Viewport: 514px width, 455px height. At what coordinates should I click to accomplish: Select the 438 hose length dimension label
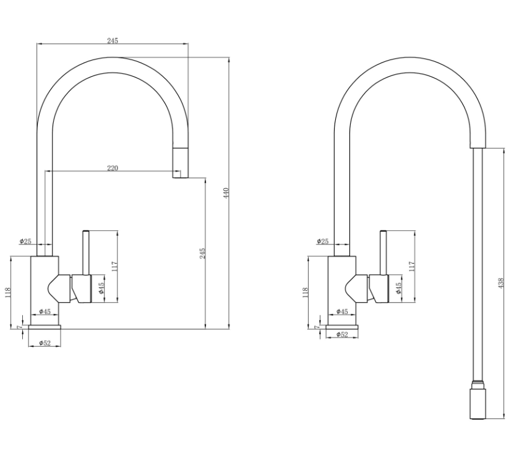pos(500,283)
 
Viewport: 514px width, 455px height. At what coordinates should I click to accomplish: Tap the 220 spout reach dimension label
pos(113,168)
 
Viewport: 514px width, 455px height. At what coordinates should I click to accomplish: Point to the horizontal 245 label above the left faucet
pos(113,41)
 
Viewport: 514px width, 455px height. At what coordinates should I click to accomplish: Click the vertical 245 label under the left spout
pos(202,253)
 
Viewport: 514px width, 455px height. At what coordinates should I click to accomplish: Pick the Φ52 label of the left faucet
pos(45,343)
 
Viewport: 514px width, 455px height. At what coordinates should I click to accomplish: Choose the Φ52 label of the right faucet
pos(342,334)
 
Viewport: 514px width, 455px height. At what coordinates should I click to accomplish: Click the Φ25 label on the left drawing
pos(25,241)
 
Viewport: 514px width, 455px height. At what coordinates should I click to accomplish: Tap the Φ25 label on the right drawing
pos(322,241)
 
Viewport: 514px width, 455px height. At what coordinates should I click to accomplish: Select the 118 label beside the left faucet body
pos(8,293)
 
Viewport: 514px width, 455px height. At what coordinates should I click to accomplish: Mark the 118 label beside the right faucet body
pos(305,293)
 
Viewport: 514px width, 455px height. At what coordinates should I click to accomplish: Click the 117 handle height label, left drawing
pos(114,266)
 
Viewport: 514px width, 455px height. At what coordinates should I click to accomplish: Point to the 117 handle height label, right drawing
pos(412,266)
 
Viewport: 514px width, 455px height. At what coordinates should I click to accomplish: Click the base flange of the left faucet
pos(45,327)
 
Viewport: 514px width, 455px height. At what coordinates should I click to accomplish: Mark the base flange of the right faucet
pos(342,327)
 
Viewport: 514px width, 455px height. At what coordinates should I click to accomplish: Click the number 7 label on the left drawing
pos(19,327)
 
